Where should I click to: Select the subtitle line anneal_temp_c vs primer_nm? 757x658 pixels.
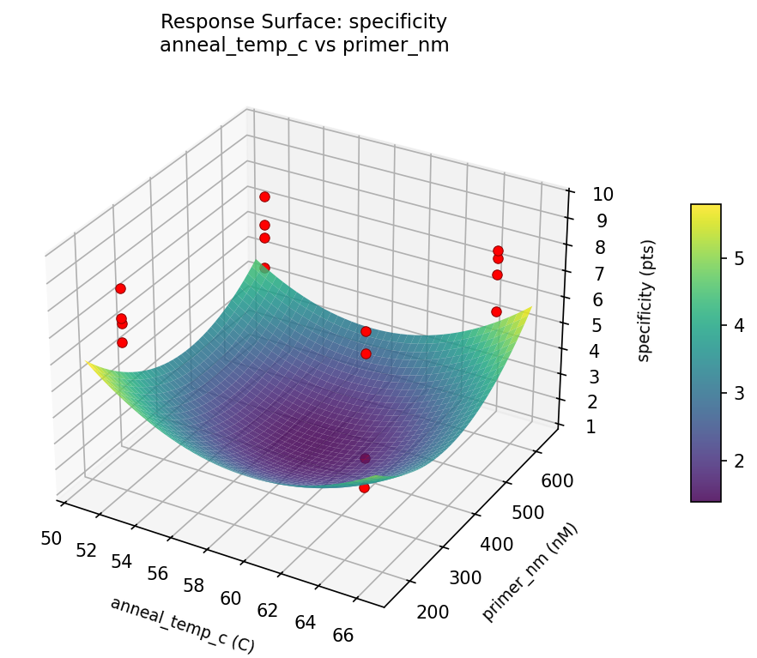point(304,45)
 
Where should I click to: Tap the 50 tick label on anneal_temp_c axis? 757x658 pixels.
point(51,538)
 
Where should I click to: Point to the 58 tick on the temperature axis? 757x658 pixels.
point(194,585)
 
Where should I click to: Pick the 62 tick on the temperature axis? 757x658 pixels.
point(268,610)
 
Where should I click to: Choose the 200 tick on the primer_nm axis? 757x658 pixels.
point(433,612)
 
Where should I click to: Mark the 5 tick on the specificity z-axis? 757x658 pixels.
point(597,325)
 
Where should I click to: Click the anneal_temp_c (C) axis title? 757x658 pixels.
point(182,625)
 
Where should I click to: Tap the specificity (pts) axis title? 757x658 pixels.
point(646,299)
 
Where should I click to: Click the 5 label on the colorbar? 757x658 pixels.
point(738,257)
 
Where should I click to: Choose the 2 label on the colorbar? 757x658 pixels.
point(738,461)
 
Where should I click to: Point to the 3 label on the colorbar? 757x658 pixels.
point(738,393)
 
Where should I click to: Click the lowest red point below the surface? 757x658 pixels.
point(364,487)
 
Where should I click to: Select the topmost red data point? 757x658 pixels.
point(264,196)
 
